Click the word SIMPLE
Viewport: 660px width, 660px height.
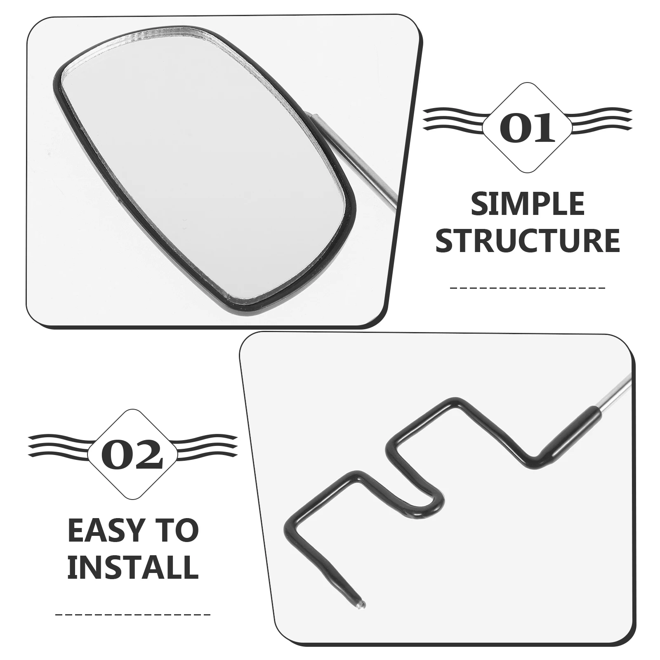coord(528,204)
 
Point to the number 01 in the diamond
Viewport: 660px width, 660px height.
coord(527,127)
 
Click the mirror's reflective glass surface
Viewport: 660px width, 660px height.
coord(202,173)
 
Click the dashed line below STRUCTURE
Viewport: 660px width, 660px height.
coord(528,288)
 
